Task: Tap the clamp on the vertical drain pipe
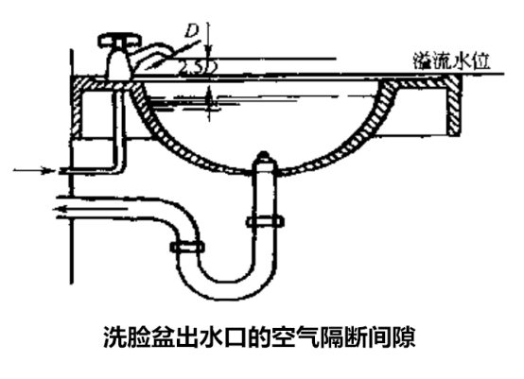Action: pyautogui.click(x=264, y=223)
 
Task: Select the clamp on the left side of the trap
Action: pyautogui.click(x=186, y=247)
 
